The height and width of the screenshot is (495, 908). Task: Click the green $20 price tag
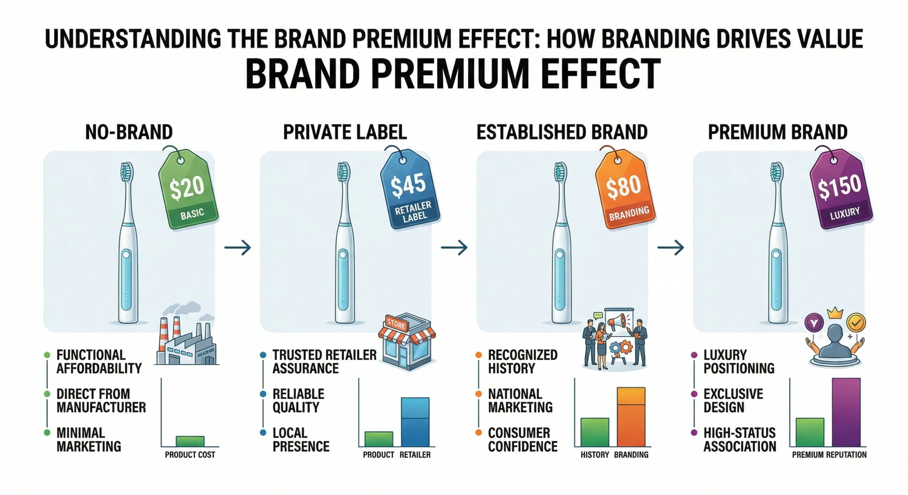tap(188, 191)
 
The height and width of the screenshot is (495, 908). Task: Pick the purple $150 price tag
tap(841, 191)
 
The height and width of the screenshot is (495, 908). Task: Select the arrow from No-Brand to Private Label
tap(238, 247)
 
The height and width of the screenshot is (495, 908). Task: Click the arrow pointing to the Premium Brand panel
tap(670, 247)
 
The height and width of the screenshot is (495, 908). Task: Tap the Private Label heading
tap(345, 132)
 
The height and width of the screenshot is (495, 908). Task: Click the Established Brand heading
tap(562, 132)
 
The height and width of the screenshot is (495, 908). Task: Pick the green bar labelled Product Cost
tap(190, 441)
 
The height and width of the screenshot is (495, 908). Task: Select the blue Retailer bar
tap(415, 422)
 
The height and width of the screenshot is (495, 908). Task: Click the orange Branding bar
tap(631, 417)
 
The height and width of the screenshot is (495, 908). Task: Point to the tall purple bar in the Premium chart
tap(846, 412)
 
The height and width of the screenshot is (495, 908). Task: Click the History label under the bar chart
tap(594, 455)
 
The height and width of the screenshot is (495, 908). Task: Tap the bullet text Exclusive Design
tap(733, 401)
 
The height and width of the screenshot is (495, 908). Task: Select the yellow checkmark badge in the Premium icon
tap(856, 322)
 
